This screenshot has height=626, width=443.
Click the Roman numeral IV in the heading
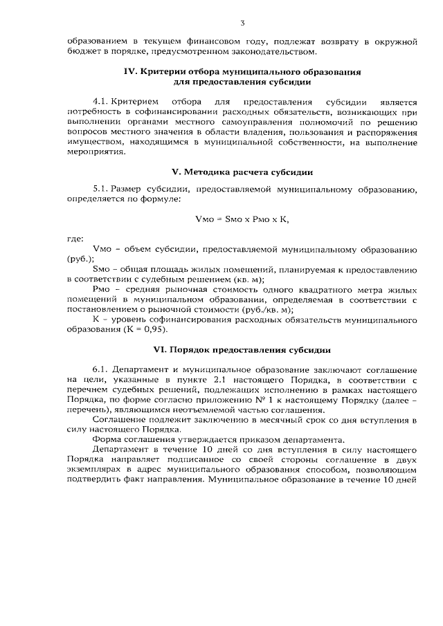(131, 71)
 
